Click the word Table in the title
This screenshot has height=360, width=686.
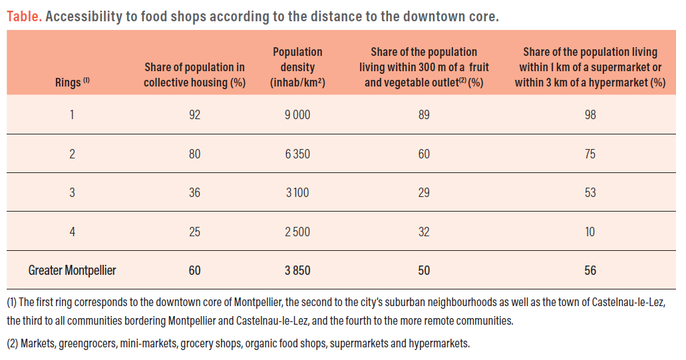(24, 16)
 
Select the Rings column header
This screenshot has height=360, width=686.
(72, 83)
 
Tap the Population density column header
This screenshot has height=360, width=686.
(297, 67)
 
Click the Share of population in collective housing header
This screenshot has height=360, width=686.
(194, 75)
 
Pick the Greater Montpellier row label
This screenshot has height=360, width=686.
(72, 270)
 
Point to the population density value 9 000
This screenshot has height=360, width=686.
(297, 114)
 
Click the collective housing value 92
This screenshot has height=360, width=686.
(194, 114)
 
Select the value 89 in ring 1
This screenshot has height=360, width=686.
(424, 114)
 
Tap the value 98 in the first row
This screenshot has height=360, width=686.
(590, 114)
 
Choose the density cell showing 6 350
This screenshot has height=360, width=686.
(297, 154)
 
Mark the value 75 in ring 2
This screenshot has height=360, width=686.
(590, 154)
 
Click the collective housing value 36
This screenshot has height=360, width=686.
(194, 193)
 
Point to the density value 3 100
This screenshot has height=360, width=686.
(297, 193)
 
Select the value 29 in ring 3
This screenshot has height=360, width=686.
(424, 193)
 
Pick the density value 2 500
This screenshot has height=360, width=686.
(297, 232)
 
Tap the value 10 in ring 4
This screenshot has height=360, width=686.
(590, 232)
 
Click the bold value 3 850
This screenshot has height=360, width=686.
(297, 270)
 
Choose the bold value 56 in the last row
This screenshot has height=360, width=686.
(590, 270)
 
